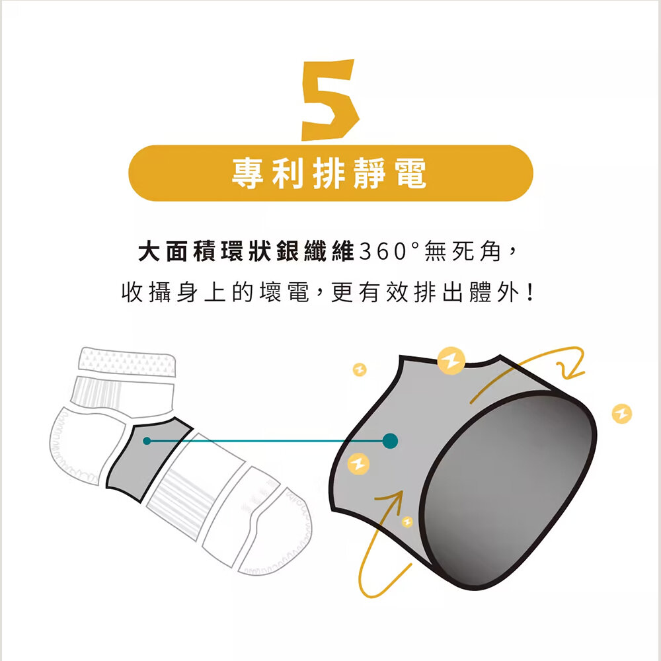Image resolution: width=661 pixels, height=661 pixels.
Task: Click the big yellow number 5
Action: pos(330,100)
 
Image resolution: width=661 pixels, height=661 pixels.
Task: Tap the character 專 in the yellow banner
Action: pos(248,173)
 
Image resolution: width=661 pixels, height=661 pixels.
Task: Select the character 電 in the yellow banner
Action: pos(410,173)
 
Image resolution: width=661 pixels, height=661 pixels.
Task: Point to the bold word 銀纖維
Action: pos(315,251)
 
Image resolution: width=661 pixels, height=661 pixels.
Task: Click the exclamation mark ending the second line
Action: pos(530,292)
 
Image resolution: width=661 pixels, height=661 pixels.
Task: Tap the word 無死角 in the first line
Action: pos(463,251)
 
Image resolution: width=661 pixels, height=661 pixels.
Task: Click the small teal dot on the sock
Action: pos(147,441)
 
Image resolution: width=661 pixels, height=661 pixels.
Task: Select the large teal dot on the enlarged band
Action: pos(390,441)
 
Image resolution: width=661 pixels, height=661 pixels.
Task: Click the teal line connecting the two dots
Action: pos(268,441)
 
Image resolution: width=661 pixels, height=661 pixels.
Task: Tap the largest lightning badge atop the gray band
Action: pos(451,361)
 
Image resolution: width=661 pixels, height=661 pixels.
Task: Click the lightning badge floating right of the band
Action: pos(622,413)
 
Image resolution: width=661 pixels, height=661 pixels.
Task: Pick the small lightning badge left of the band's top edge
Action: pos(360,369)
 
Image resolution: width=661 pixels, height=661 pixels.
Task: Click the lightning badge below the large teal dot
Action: pos(358,464)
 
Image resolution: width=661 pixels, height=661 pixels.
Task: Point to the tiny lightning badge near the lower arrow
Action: pos(407,522)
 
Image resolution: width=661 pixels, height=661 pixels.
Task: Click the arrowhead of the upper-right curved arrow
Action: pos(571,371)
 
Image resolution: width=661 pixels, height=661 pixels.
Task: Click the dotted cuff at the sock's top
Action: pos(127,362)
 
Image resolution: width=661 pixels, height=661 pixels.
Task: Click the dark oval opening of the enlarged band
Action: pos(508,489)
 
